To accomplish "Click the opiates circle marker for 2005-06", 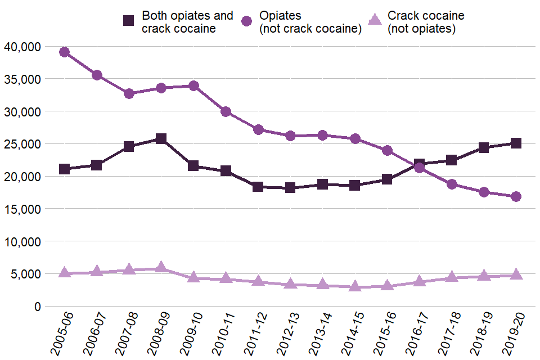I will [x=64, y=52].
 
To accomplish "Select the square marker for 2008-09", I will [x=161, y=139].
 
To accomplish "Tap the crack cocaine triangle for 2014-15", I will [x=355, y=286].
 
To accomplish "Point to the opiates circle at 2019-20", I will [x=516, y=196].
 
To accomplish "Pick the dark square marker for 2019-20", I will [x=516, y=143].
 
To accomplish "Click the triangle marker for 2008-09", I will [x=161, y=267].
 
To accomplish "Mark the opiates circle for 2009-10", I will [x=193, y=86].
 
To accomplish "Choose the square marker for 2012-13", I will [x=290, y=187].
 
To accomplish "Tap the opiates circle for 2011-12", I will [x=258, y=130].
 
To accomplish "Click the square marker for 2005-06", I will [x=64, y=169].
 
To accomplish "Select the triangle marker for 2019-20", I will [x=516, y=274].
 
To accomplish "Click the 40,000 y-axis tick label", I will [x=22, y=47].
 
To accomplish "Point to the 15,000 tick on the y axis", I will [x=22, y=209].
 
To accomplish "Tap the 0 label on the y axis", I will [x=37, y=307].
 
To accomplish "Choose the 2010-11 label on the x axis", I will [x=219, y=335].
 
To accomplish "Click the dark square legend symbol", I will [x=129, y=21].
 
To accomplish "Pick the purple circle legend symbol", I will [x=246, y=21].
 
